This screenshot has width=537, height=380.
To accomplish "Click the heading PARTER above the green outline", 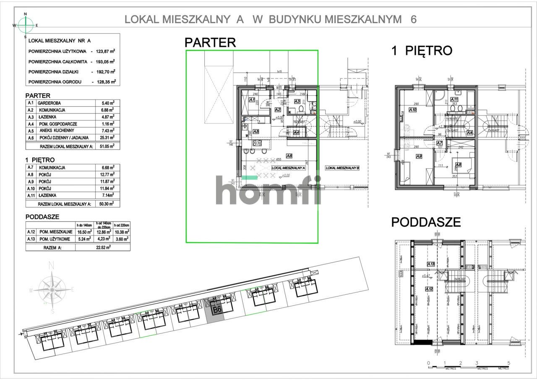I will point(210,42).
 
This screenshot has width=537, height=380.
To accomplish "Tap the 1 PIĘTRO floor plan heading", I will point(421,51).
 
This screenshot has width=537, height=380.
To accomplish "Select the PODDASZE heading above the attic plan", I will point(426,222).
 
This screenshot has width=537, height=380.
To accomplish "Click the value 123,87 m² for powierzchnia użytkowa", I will point(104,51).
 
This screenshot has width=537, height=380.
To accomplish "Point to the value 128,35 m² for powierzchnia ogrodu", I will point(104,81).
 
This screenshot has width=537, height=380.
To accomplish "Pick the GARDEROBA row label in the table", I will point(49,103).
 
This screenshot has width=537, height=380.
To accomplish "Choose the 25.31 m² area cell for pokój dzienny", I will point(105,137).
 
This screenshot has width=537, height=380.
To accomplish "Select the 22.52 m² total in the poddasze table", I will point(102,247).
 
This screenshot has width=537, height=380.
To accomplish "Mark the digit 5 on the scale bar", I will point(508,363).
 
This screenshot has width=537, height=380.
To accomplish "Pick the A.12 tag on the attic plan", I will point(429,289).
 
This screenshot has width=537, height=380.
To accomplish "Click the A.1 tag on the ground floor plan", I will point(252,100).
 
